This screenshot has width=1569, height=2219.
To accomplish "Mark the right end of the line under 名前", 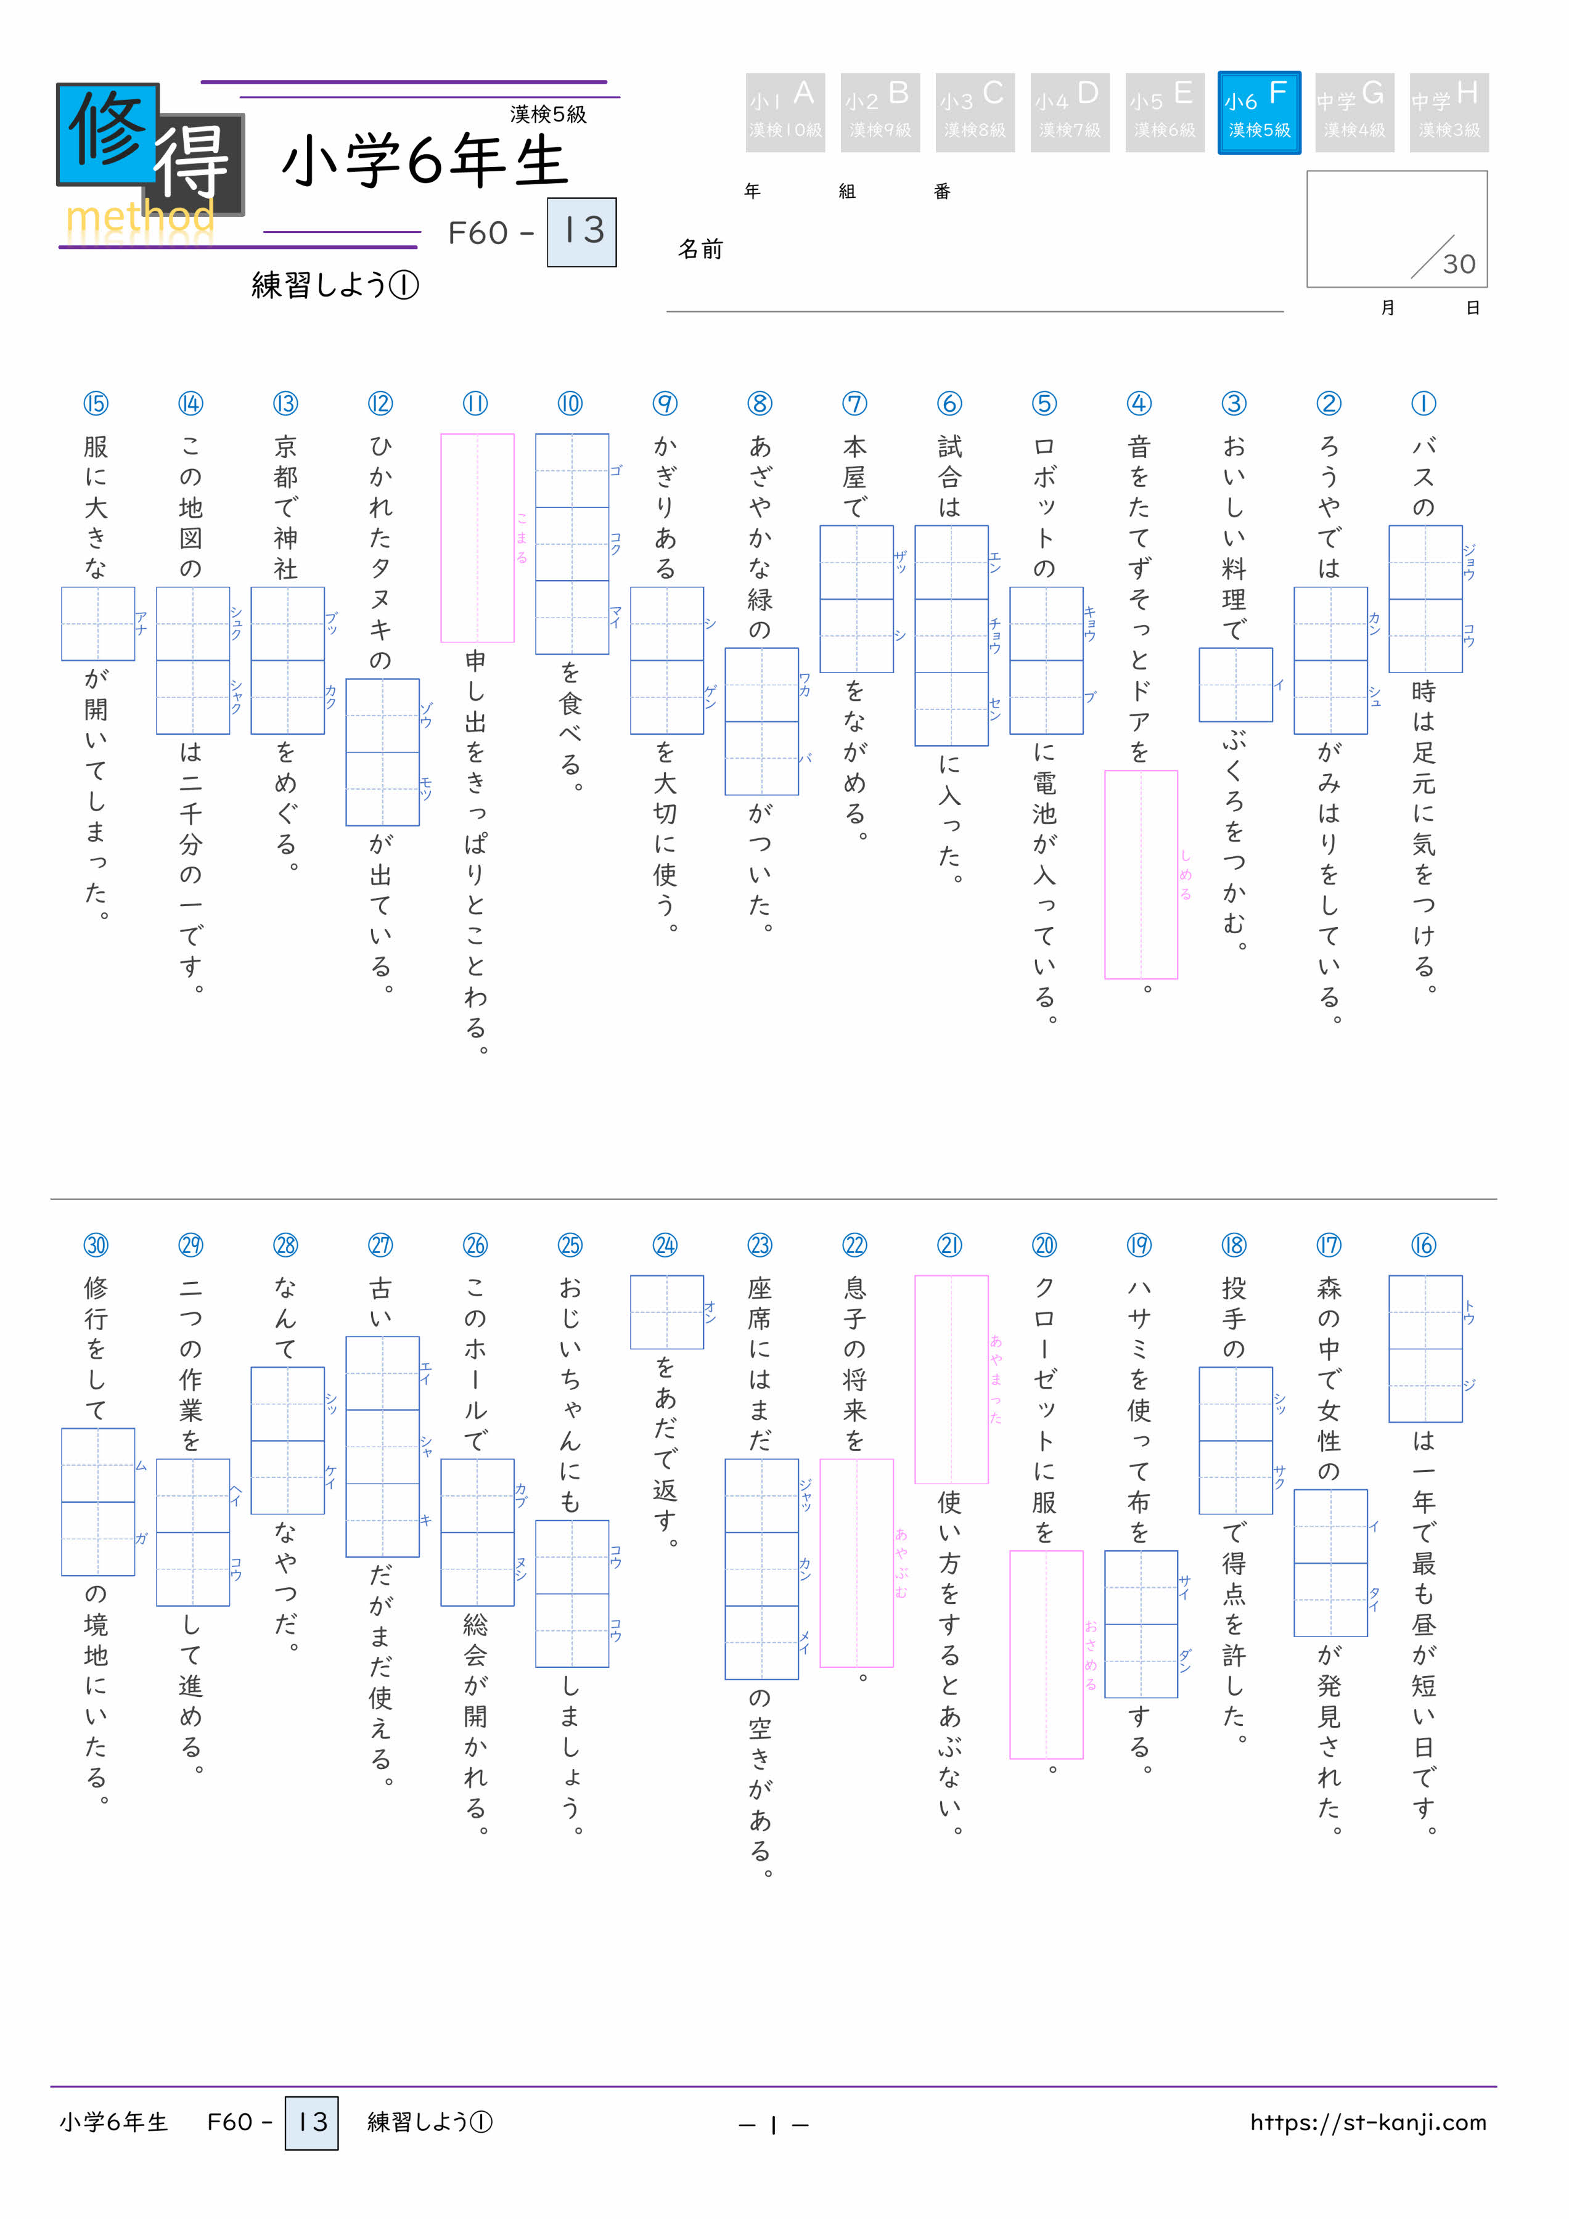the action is point(1284,311).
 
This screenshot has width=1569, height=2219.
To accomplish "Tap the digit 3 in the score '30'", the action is point(1451,264).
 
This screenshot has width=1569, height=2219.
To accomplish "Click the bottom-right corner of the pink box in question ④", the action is point(1178,978).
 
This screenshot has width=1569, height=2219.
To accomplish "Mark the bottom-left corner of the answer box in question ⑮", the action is point(62,660).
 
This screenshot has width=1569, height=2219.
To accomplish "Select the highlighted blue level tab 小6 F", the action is point(1259,112).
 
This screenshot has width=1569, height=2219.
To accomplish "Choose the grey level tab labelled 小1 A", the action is point(785,112).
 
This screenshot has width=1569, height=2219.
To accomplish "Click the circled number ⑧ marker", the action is point(760,403).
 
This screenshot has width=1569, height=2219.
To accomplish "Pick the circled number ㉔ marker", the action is point(665,1245).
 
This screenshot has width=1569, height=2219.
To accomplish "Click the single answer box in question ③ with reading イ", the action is point(1235,684).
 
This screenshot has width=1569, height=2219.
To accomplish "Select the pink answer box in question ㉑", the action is point(951,1379).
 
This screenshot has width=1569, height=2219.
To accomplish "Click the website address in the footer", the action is point(1368,2122).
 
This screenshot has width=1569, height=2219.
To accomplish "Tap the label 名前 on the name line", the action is point(700,250).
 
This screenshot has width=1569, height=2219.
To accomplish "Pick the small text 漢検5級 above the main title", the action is point(548,114).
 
